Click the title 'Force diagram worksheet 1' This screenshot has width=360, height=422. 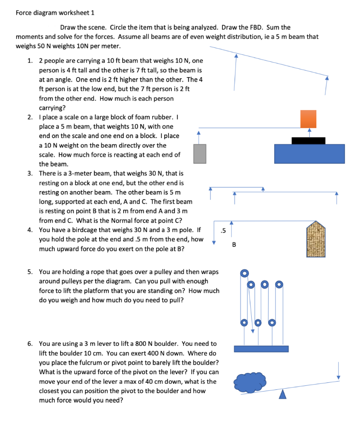pyautogui.click(x=55, y=12)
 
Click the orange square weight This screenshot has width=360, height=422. pyautogui.click(x=308, y=119)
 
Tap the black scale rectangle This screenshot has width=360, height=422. pyautogui.click(x=308, y=141)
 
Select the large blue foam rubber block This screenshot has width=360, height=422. pyautogui.click(x=309, y=154)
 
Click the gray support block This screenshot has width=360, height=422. pyautogui.click(x=199, y=153)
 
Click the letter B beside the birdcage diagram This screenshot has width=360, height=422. pyautogui.click(x=234, y=245)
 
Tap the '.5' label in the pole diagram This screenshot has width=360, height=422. pyautogui.click(x=223, y=230)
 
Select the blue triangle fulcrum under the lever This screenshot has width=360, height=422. pyautogui.click(x=282, y=395)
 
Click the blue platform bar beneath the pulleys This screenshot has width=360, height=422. pyautogui.click(x=261, y=349)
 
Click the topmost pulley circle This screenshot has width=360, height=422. pyautogui.click(x=244, y=273)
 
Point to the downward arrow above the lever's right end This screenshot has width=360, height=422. pyautogui.click(x=338, y=370)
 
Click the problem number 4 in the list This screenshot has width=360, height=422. pyautogui.click(x=30, y=229)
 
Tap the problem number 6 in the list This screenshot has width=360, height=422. pyautogui.click(x=30, y=343)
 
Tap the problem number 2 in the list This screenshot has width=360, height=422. pyautogui.click(x=30, y=117)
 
